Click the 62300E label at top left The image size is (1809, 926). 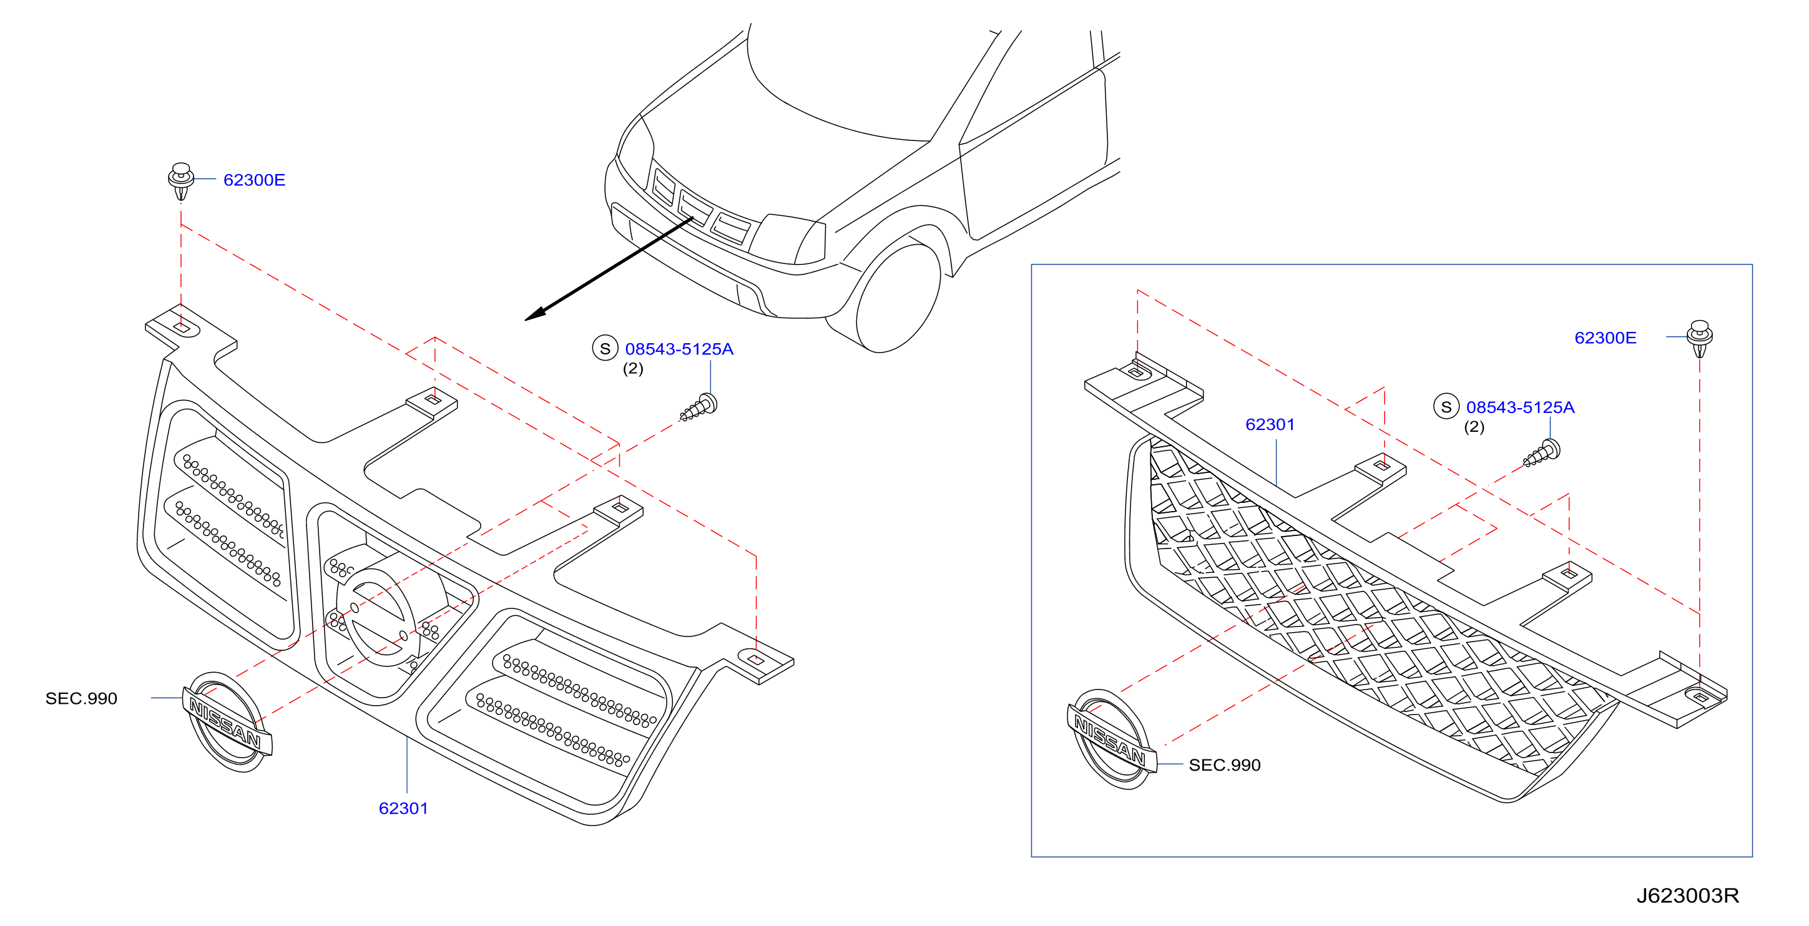(254, 180)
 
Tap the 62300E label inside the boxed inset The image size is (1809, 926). (1606, 338)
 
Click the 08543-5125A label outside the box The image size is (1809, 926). (679, 349)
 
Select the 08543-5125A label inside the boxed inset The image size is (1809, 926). (1521, 408)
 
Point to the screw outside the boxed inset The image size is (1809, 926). (699, 408)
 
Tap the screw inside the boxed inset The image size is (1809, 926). (1542, 453)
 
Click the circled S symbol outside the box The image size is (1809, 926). (605, 348)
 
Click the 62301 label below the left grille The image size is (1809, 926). (403, 809)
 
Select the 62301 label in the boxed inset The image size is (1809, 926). (1270, 425)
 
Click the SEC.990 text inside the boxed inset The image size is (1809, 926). (1225, 766)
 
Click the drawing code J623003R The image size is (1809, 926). (1687, 897)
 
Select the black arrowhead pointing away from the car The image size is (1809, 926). (537, 314)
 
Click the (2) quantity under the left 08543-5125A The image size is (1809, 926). (633, 369)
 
